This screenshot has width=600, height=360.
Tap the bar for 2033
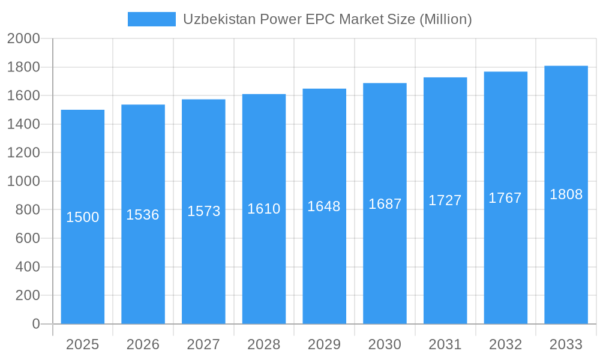coord(566,252)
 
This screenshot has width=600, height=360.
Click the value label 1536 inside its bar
coord(143,215)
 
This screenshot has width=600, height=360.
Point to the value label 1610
coord(264,209)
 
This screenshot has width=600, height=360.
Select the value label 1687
coord(385,204)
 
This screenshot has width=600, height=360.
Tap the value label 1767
coord(505,198)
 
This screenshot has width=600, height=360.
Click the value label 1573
coord(204,211)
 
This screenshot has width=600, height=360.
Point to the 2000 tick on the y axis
coord(23,39)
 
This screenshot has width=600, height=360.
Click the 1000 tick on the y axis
coord(23,181)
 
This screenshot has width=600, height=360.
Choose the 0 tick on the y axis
coord(36,324)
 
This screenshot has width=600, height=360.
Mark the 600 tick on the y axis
coord(27,238)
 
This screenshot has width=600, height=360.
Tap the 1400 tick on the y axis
coord(23,124)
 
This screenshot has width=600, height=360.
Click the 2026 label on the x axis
coord(143,344)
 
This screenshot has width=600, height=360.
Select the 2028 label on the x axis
coord(264,344)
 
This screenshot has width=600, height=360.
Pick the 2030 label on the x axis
coord(385,344)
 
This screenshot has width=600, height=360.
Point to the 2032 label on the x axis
coord(505,344)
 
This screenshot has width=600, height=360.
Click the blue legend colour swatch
coord(152,19)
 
